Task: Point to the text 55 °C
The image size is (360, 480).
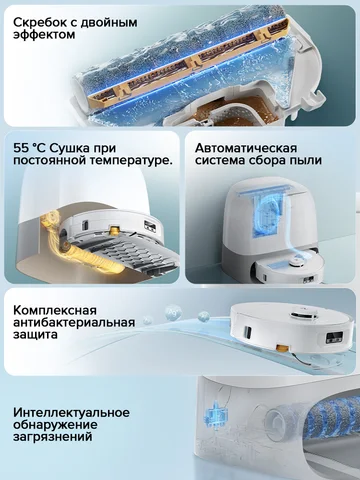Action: [x=31, y=145]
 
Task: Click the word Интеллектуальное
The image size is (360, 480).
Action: [x=72, y=413]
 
